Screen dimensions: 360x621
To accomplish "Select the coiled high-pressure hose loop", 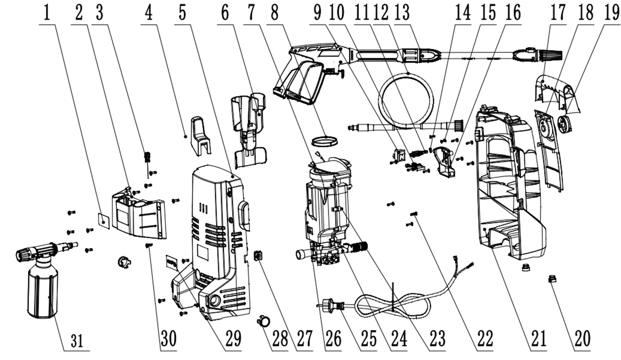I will pos(407,98).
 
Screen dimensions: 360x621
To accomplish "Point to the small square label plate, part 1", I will pos(103,219).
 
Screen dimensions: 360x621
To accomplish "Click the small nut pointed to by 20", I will pos(553,281).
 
